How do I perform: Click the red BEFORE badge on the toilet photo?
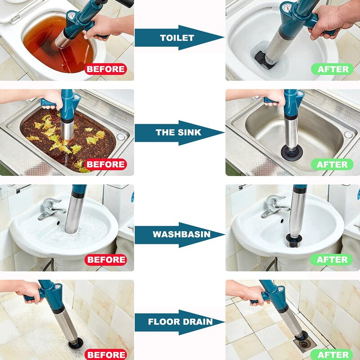(x=106, y=69)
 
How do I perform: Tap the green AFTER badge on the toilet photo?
(x=333, y=69)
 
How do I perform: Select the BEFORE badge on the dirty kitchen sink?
(x=106, y=164)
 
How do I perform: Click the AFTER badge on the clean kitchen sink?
(x=333, y=164)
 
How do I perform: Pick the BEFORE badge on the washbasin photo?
(x=106, y=260)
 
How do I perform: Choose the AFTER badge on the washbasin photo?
(x=333, y=260)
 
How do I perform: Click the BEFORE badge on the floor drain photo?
(x=106, y=354)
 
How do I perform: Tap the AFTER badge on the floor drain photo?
(x=333, y=354)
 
